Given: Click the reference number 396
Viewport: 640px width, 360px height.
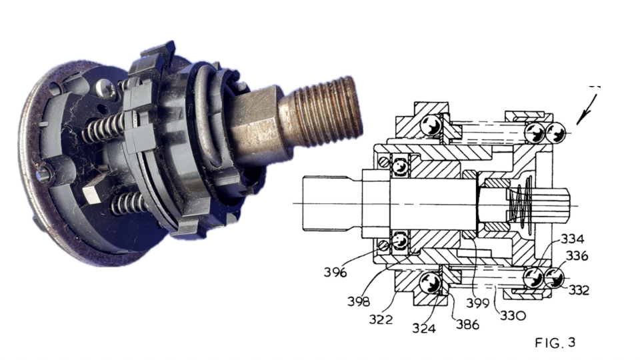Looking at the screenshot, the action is tap(335, 272).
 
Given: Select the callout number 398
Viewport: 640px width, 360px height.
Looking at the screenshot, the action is tap(359, 301).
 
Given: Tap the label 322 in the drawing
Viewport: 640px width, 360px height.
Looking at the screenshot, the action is tap(381, 319).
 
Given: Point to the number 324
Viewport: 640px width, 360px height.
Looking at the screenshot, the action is tap(424, 328).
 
